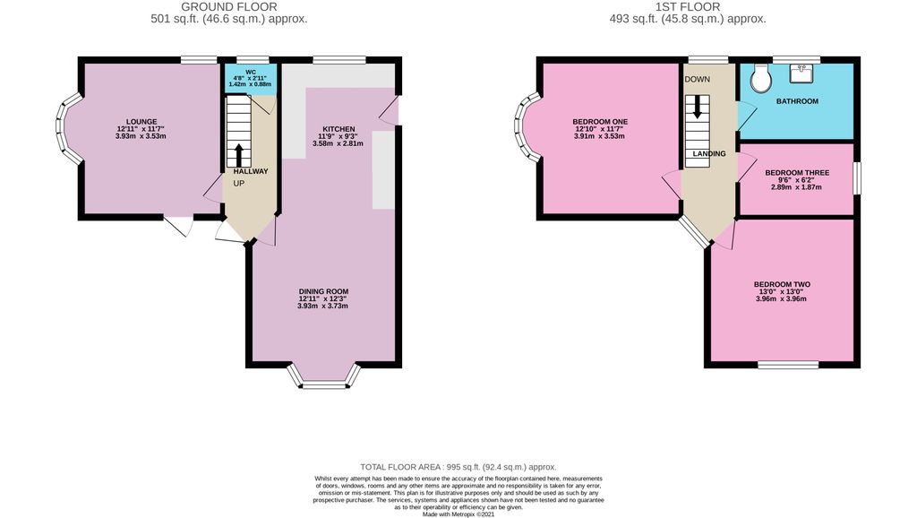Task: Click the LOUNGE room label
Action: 141,122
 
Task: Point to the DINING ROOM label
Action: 323,291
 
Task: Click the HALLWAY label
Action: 250,171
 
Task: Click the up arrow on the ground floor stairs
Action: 238,151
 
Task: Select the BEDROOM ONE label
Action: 600,122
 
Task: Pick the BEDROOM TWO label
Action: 782,284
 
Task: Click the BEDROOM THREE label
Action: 796,172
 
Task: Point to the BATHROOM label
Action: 797,101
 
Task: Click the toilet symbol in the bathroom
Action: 760,77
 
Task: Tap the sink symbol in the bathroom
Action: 803,68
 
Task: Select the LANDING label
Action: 708,154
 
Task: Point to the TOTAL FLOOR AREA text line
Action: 458,467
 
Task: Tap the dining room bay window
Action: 323,382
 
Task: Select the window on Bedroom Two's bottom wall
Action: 788,365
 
